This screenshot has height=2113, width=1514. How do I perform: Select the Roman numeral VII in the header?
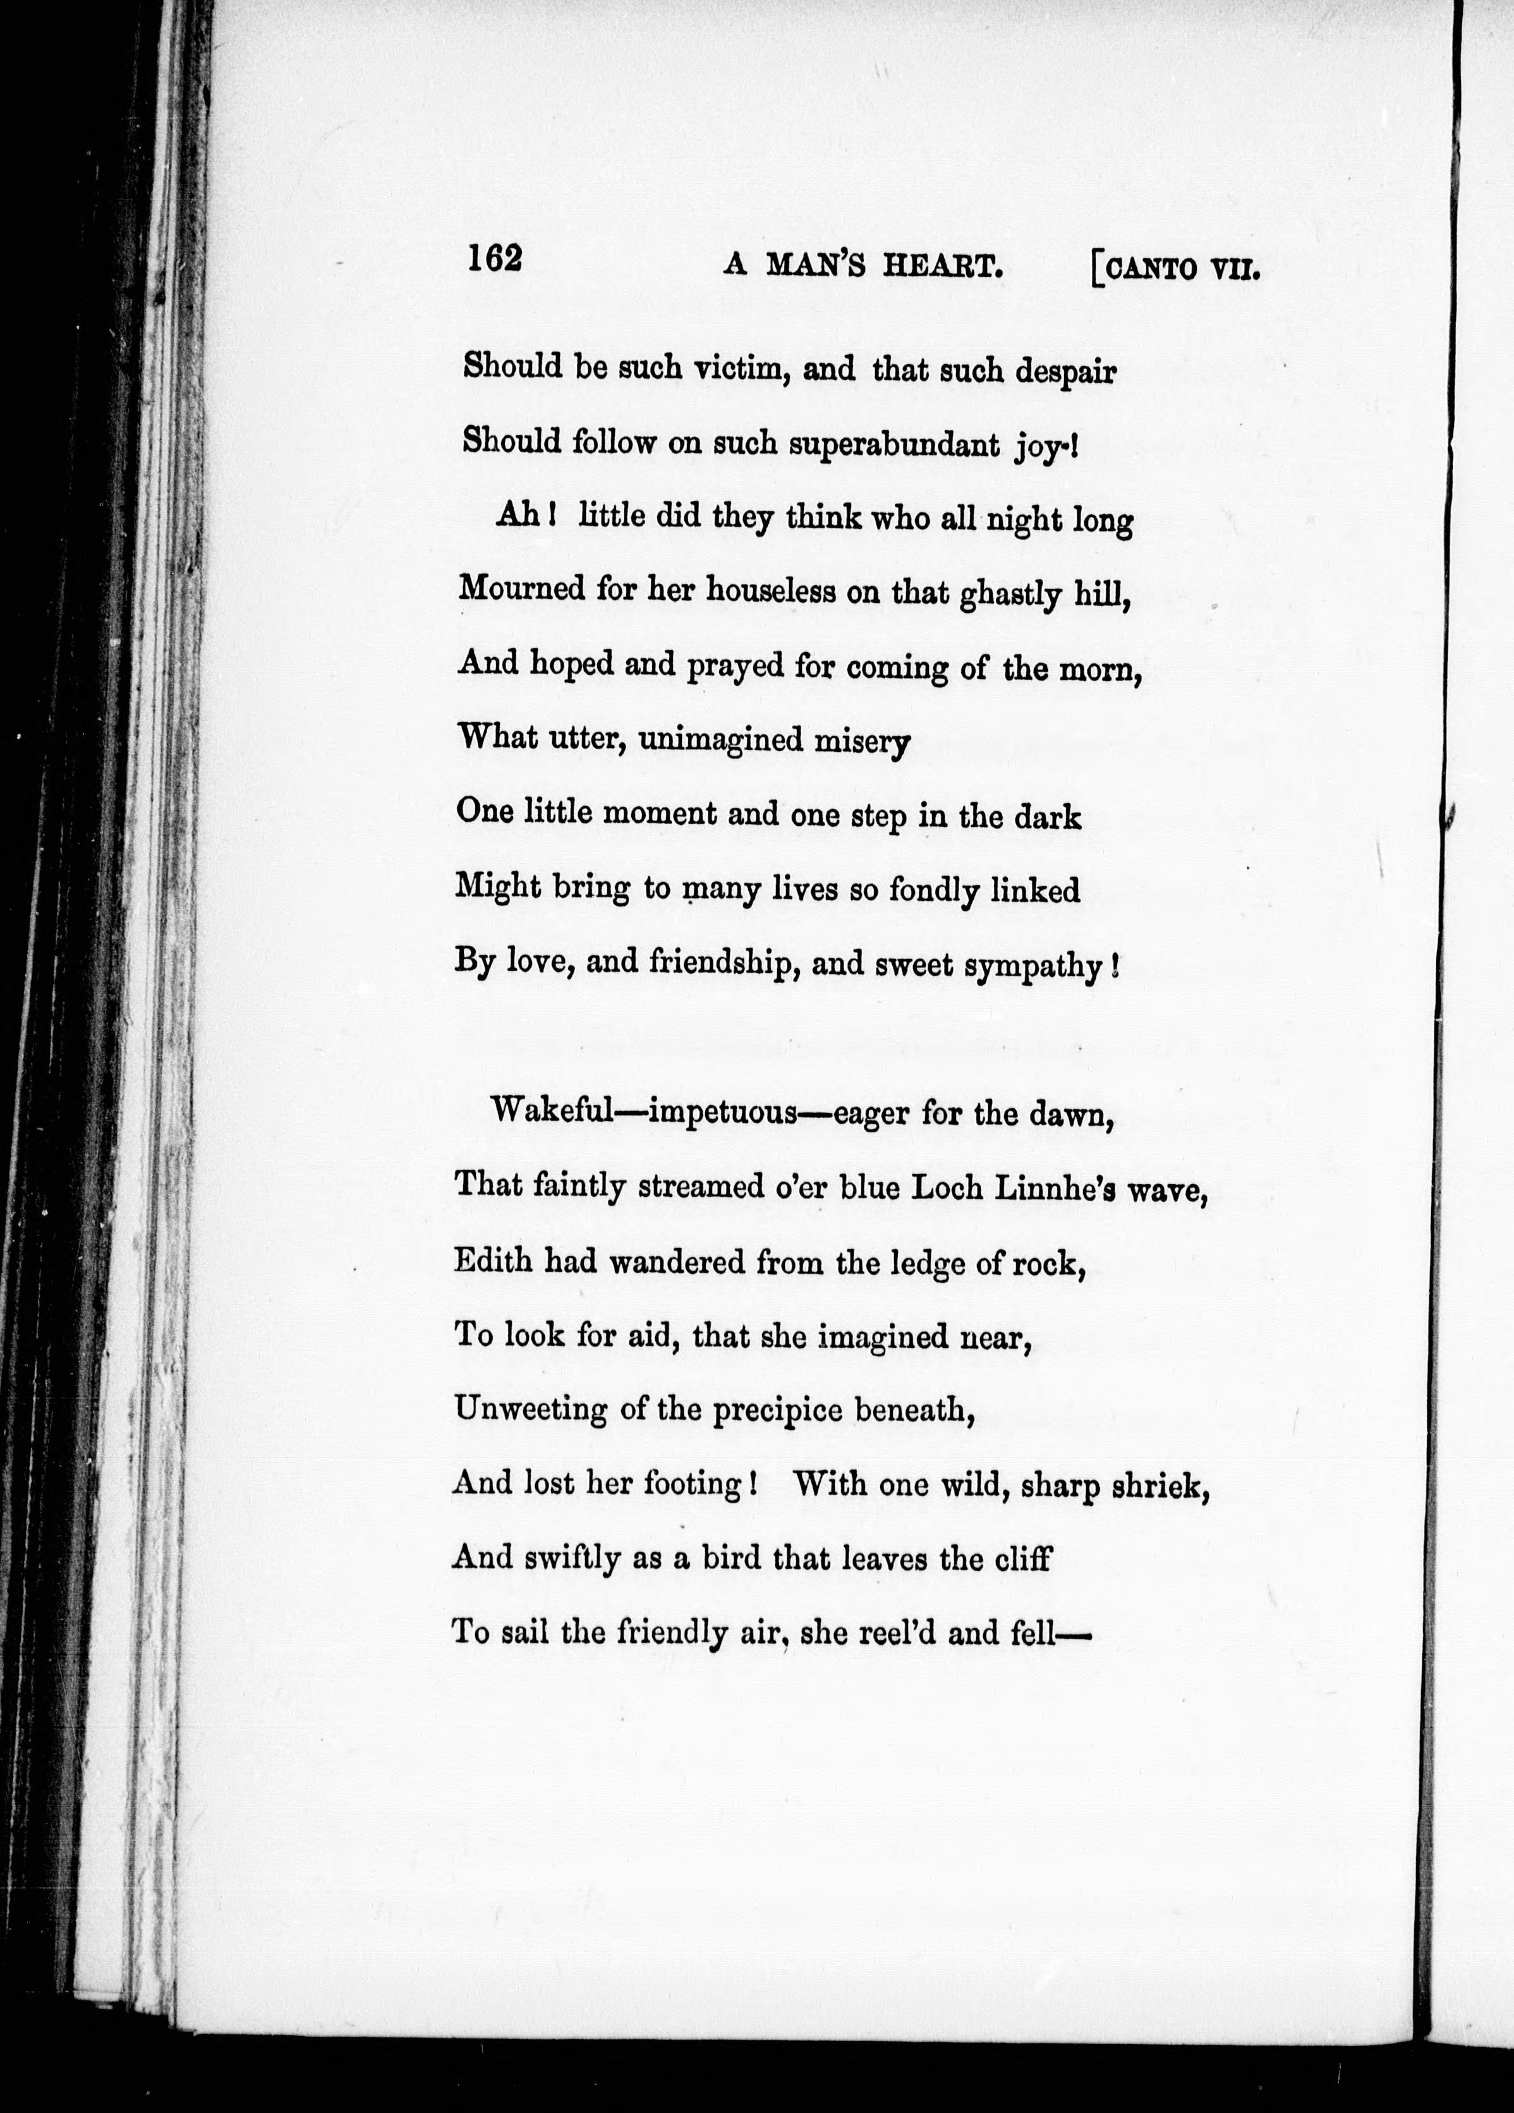coord(1235,271)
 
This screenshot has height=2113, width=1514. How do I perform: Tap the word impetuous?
coord(713,1114)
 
